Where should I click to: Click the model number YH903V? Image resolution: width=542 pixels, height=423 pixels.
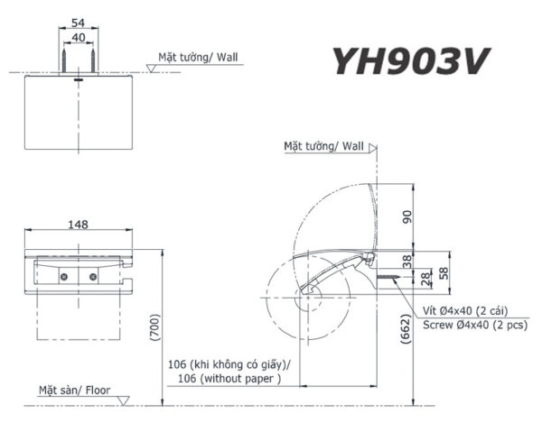tap(410, 61)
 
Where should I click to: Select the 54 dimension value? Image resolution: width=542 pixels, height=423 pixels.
tap(78, 23)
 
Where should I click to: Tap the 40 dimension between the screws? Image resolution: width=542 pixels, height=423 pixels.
tap(79, 37)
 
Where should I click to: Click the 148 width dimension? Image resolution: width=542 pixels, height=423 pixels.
tap(78, 225)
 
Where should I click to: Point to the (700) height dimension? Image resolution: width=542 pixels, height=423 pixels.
tap(154, 327)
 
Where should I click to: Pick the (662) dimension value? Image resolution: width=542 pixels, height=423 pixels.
tap(406, 329)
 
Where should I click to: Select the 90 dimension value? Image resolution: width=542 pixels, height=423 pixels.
tap(407, 216)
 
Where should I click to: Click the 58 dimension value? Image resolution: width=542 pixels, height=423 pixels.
tap(444, 273)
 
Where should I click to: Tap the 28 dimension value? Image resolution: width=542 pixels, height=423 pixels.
tap(426, 279)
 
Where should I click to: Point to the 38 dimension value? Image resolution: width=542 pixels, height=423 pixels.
tap(407, 262)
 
